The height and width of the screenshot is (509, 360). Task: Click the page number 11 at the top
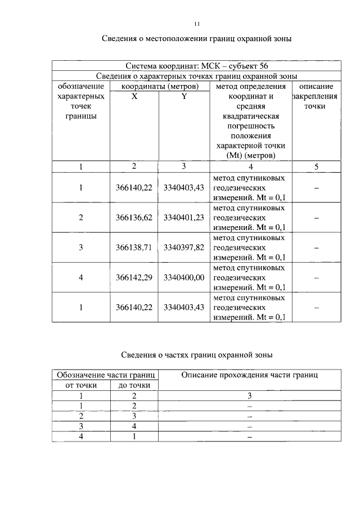[x=197, y=24]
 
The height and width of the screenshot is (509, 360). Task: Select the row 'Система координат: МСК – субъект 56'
[x=197, y=66]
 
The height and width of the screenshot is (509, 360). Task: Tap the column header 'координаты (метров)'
[x=160, y=87]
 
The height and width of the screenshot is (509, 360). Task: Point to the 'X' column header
[x=134, y=96]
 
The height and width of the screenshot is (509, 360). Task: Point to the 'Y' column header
[x=183, y=96]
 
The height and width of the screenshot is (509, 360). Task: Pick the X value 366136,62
[x=134, y=218]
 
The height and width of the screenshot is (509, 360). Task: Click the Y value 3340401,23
[x=183, y=218]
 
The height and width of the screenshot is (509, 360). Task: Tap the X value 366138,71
[x=134, y=247]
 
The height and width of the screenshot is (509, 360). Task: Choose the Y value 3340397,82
[x=183, y=247]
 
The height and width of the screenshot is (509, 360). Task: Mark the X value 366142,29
[x=134, y=278]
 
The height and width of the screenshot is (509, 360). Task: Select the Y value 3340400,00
[x=183, y=278]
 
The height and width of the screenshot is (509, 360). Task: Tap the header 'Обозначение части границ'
[x=105, y=375]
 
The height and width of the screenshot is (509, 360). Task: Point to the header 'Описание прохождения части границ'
[x=250, y=375]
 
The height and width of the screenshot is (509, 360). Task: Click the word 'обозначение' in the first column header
[x=80, y=87]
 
